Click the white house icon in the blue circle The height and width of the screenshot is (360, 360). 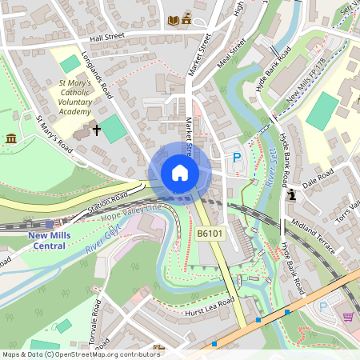(x=180, y=173)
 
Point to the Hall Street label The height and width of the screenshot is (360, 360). (x=108, y=38)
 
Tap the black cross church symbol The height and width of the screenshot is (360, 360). (x=98, y=129)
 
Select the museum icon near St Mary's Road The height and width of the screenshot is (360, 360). (x=11, y=140)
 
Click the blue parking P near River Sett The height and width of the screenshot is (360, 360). (x=236, y=158)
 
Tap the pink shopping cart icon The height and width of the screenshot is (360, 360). (x=347, y=317)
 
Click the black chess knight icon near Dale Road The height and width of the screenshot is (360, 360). (x=292, y=194)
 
